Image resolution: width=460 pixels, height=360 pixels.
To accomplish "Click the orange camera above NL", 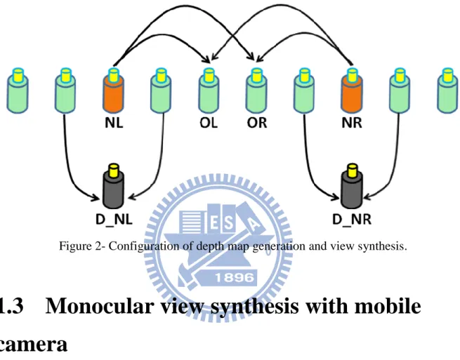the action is tap(113, 91).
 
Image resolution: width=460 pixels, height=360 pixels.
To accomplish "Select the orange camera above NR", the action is tap(352, 91).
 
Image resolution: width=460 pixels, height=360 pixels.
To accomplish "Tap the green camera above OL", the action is tap(209, 91).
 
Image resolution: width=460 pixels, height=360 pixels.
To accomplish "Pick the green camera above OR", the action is tap(256, 91).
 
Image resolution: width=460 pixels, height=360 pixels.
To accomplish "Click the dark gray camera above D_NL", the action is tap(114, 186).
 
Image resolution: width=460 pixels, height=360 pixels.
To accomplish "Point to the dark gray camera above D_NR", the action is tap(352, 186).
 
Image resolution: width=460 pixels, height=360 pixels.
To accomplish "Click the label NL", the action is tap(114, 123).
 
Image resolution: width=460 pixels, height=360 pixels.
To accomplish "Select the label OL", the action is tap(209, 123).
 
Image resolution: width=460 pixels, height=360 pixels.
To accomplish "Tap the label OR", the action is tap(257, 123).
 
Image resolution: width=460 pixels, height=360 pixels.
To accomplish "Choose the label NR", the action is tap(352, 123).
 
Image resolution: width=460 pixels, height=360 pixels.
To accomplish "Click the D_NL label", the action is tap(114, 219).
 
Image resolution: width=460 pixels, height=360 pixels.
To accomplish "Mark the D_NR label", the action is tap(352, 219).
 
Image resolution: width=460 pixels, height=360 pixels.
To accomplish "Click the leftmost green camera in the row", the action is tap(18, 91).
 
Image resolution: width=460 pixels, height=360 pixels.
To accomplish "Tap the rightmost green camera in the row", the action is tap(447, 91).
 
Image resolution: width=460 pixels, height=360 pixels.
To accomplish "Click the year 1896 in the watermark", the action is tap(235, 277).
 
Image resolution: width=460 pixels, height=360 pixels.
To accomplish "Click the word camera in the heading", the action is tap(32, 345).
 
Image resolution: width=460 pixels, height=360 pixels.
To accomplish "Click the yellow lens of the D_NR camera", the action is tap(352, 170).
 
